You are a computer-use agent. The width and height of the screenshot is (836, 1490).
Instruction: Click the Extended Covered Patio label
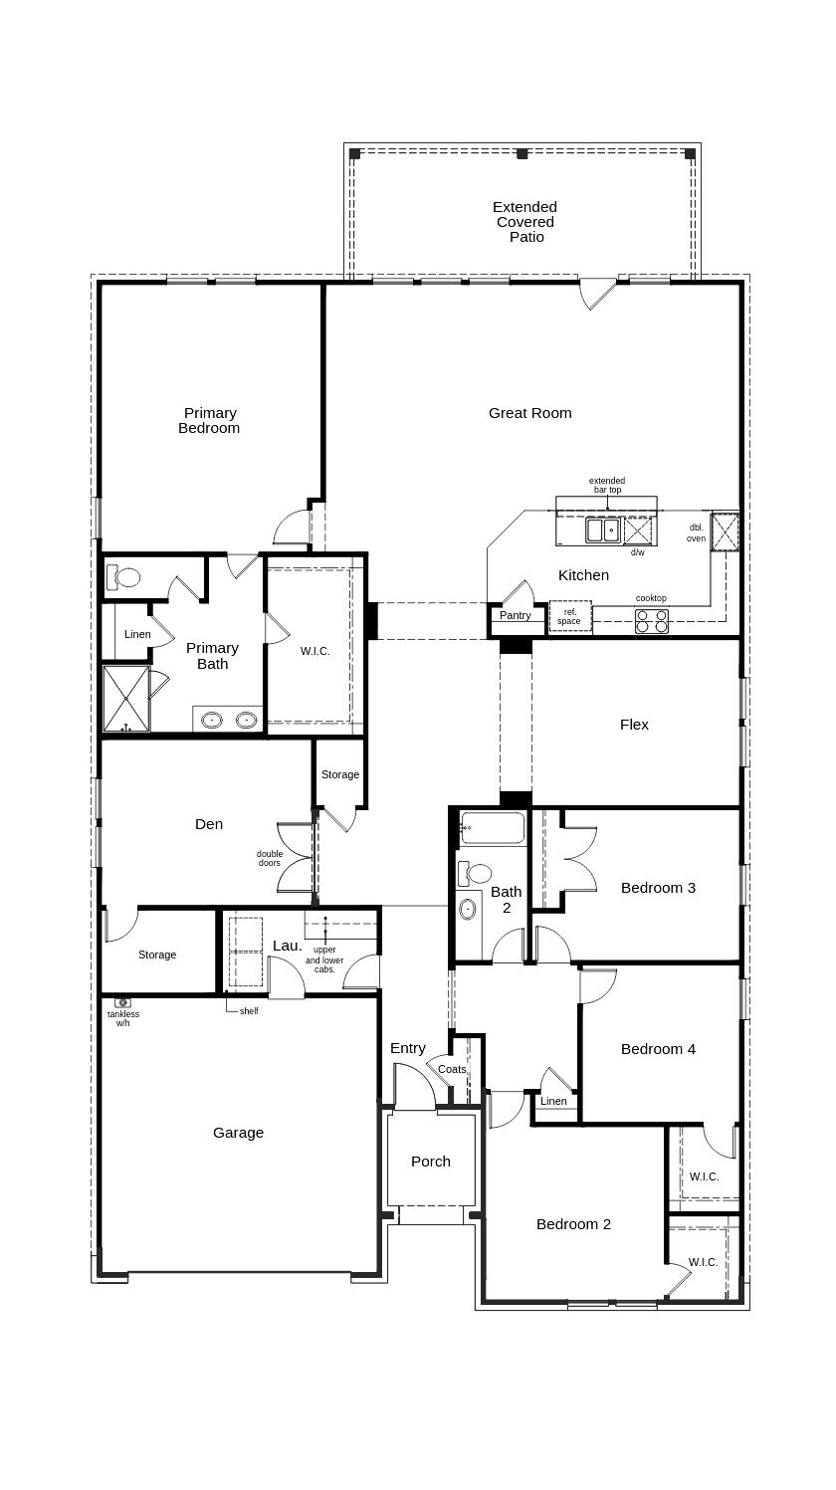tap(525, 222)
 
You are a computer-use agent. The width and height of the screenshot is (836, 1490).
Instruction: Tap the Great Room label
tap(529, 413)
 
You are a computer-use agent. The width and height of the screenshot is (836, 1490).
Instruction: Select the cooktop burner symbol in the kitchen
tap(653, 621)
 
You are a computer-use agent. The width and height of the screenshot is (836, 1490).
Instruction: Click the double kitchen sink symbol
tap(602, 531)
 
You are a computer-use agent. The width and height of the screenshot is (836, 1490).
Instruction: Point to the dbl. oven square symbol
tap(725, 531)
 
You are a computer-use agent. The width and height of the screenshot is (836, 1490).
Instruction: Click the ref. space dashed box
tap(570, 616)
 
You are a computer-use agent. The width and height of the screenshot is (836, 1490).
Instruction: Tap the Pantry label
tap(515, 615)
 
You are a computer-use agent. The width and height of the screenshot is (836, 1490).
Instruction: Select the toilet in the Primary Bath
tap(125, 576)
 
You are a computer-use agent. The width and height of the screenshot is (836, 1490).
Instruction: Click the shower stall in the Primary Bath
tap(125, 699)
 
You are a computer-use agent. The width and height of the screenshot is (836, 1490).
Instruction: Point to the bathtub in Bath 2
tap(493, 828)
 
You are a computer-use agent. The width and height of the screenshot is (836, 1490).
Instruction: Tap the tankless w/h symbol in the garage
tap(122, 1003)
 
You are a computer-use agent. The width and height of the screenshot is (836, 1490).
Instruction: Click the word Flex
tap(634, 725)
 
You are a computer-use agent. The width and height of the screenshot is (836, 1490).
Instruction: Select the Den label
tap(209, 824)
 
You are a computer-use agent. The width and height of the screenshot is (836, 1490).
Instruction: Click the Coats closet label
tap(452, 1069)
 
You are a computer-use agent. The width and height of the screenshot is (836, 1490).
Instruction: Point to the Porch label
tap(431, 1162)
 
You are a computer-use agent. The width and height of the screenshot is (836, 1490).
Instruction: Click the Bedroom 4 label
tap(658, 1049)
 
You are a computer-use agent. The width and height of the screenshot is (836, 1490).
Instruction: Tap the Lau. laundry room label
tap(287, 946)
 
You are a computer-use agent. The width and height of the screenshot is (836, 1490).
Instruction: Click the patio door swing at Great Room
tap(597, 294)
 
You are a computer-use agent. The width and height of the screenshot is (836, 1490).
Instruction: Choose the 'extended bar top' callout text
tap(607, 485)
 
